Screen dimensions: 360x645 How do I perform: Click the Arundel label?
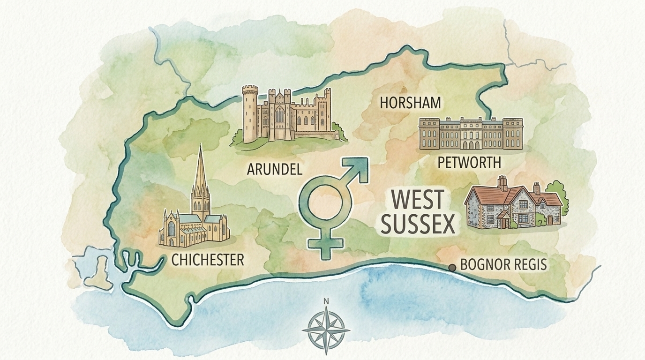click(x=274, y=169)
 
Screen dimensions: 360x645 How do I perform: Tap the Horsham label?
click(x=411, y=103)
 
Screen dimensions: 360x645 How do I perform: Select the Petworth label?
click(x=469, y=163)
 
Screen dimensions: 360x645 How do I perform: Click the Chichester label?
click(x=208, y=259)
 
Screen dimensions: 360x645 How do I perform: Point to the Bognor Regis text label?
click(x=503, y=264)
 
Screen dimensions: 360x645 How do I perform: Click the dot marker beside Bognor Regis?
click(x=452, y=267)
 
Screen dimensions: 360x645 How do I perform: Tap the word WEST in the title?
click(x=417, y=200)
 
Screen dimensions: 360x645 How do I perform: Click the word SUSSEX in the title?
click(x=418, y=225)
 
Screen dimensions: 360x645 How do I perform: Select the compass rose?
click(x=326, y=330)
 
